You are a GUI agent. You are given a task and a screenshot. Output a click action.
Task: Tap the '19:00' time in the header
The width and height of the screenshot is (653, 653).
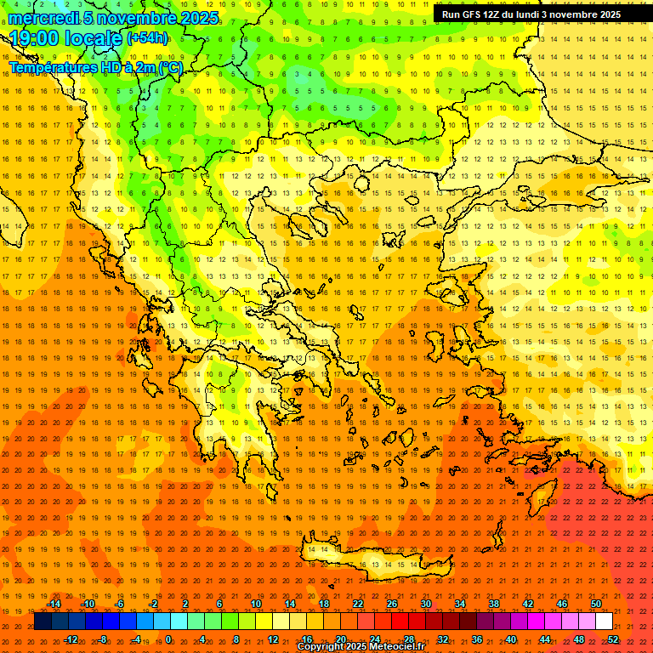click(x=34, y=38)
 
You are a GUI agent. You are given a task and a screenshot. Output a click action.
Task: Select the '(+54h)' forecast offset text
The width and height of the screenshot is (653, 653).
click(x=147, y=38)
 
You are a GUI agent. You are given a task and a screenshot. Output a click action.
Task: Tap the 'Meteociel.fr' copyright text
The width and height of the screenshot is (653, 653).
click(x=384, y=647)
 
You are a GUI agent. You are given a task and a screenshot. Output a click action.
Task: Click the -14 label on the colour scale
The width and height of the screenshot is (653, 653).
click(x=54, y=604)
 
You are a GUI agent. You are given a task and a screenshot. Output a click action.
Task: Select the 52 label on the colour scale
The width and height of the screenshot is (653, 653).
click(x=614, y=639)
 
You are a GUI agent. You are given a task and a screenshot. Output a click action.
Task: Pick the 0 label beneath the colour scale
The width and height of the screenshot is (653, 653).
click(x=168, y=639)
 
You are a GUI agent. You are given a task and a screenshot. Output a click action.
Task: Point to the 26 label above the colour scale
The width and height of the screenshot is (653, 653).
click(x=392, y=604)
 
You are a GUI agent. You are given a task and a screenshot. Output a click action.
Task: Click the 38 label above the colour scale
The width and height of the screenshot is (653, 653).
click(x=494, y=604)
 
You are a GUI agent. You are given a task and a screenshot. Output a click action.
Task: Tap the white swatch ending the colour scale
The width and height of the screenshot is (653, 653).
click(x=605, y=622)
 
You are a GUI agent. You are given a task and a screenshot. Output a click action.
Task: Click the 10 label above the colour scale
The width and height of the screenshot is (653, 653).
click(x=255, y=604)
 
